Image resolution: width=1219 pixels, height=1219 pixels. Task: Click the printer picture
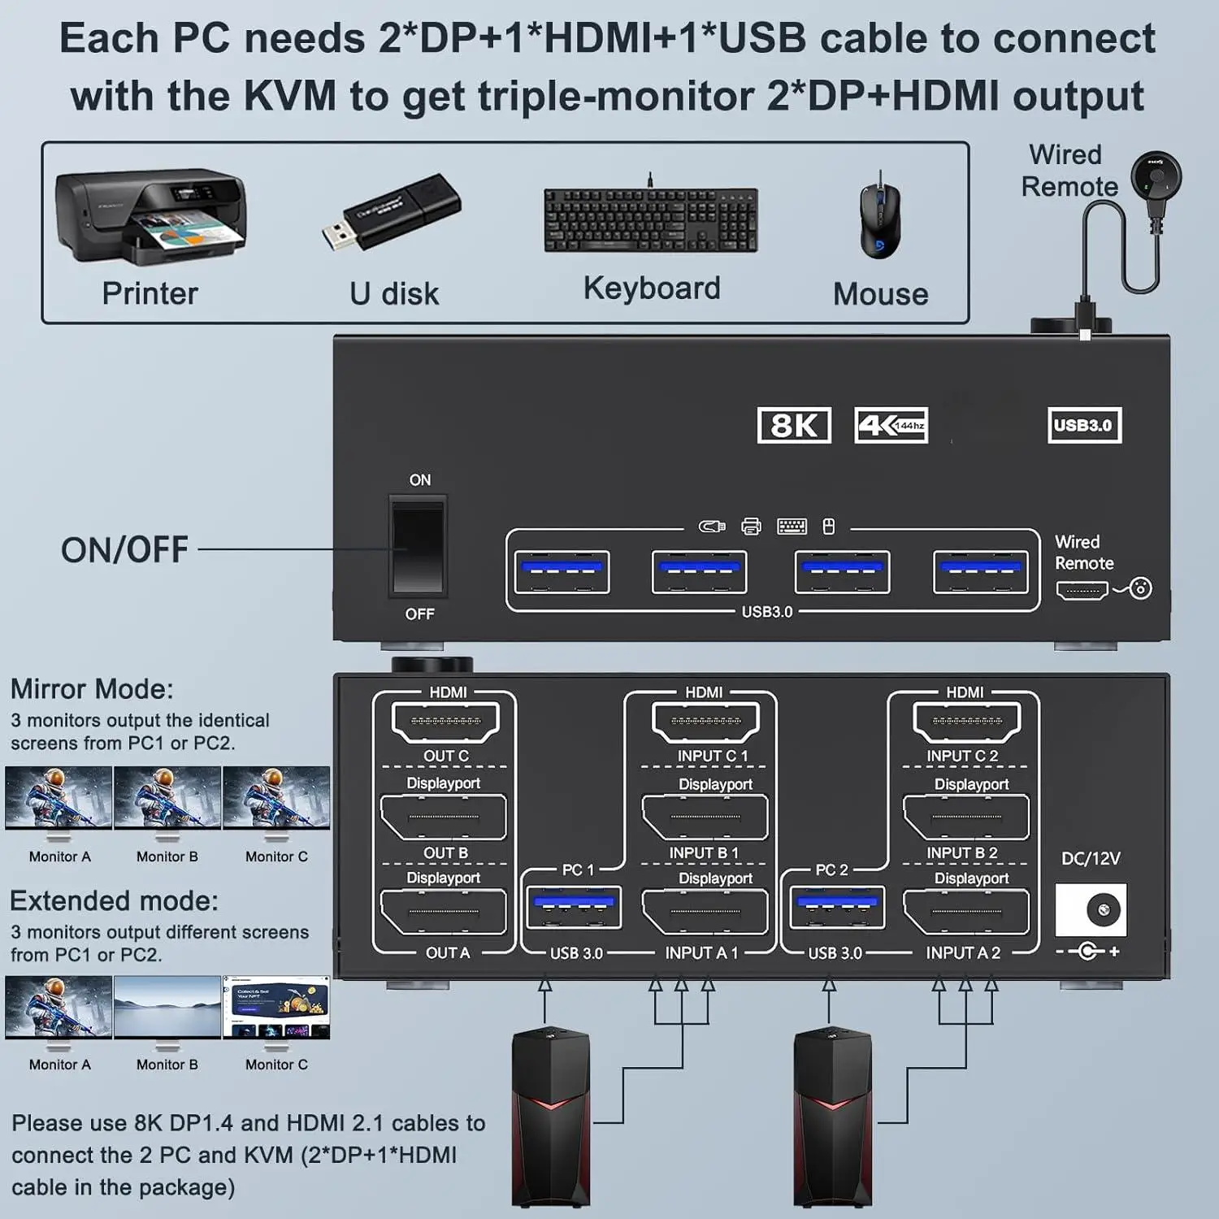point(150,217)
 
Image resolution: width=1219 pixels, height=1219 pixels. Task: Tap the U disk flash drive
point(392,212)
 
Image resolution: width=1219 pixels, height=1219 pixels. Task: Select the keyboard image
point(651,219)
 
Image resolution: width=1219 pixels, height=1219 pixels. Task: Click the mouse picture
point(880,216)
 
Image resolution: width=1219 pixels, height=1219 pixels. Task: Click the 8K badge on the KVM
point(794,425)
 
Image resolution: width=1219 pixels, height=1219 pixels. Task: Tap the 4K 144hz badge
point(891,425)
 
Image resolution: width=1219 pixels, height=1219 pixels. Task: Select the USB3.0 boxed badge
point(1084,425)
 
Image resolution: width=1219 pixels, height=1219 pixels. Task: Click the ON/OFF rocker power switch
point(419,548)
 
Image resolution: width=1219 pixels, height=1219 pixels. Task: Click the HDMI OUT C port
point(445,722)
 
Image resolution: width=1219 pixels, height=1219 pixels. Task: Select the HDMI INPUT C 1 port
point(705,722)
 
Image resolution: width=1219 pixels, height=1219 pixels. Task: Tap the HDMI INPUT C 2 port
point(967,722)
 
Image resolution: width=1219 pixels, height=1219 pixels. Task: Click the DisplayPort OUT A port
point(444,912)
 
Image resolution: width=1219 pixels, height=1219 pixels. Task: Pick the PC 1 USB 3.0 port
point(574,907)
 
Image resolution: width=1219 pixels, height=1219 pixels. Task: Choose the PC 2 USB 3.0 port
point(836,907)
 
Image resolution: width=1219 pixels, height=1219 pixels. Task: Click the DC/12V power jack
point(1091,909)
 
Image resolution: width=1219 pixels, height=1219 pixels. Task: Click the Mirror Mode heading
point(92,689)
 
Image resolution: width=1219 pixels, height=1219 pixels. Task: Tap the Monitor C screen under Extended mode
point(276,1008)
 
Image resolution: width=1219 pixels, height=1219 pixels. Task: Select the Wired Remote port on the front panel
point(1082,590)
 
